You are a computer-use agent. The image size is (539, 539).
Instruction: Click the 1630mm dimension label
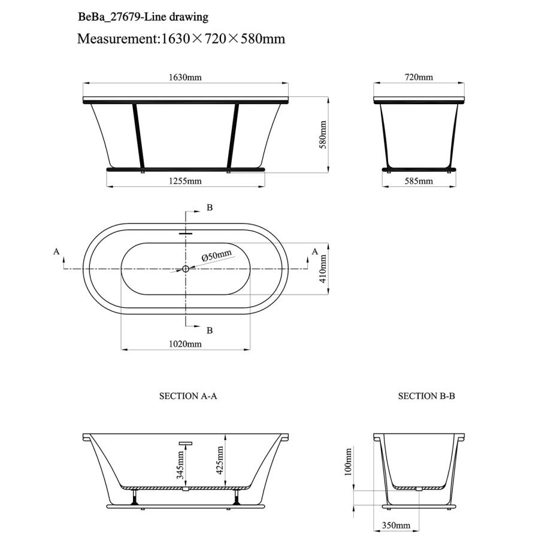click(x=185, y=77)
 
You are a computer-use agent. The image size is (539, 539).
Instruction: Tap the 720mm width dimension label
click(x=419, y=77)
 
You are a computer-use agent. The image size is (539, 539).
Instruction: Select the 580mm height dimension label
click(x=323, y=135)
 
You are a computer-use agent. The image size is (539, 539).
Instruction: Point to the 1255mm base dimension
click(x=185, y=181)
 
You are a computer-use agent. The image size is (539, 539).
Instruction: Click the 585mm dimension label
click(x=419, y=181)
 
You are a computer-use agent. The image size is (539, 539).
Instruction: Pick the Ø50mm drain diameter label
click(x=216, y=256)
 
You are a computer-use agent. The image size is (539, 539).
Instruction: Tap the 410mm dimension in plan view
click(x=323, y=268)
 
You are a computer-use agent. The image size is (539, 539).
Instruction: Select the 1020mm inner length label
click(x=185, y=344)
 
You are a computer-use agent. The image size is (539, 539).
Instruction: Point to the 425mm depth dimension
click(x=220, y=459)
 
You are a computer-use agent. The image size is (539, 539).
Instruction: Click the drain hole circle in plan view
click(x=186, y=269)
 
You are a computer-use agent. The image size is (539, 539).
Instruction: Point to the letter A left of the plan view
click(x=56, y=252)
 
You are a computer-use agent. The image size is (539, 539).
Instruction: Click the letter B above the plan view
click(x=210, y=208)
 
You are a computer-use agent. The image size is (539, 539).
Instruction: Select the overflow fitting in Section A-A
click(x=185, y=444)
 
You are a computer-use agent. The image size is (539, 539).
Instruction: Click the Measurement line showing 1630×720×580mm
click(x=181, y=40)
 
